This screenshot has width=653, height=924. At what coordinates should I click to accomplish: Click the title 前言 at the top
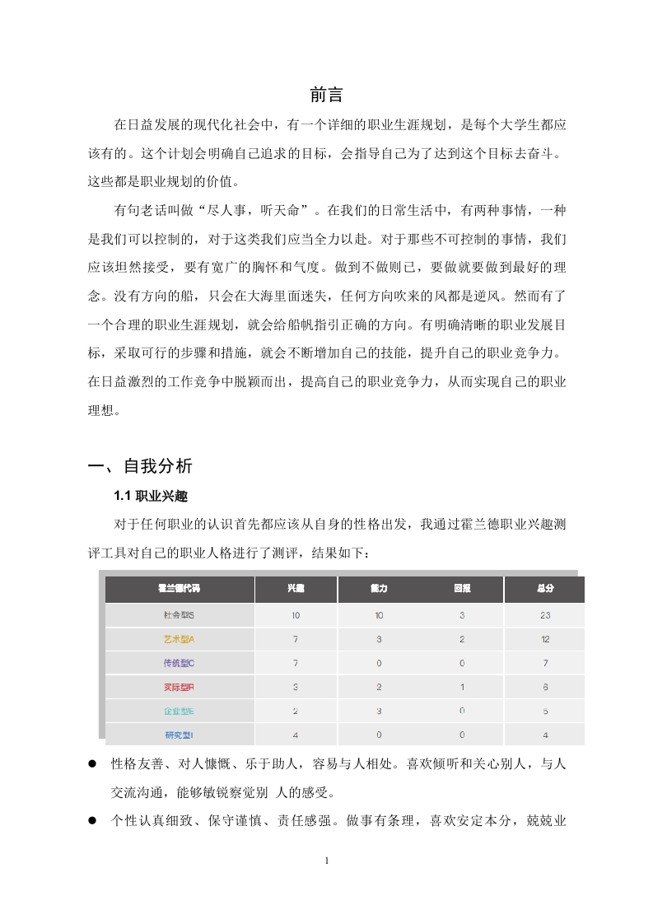[326, 95]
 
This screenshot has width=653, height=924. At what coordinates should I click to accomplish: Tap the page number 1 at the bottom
[327, 861]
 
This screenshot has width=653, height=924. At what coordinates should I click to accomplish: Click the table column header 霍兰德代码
[179, 590]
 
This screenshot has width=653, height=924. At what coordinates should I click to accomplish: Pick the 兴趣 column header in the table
[296, 590]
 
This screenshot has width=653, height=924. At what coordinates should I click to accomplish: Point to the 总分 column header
[544, 590]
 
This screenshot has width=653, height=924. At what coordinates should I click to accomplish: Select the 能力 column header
[379, 590]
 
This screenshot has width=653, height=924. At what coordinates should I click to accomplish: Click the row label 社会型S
[179, 615]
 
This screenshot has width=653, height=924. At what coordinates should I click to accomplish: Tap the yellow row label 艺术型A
[179, 639]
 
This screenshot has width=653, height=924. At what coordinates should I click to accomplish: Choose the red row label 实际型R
[179, 687]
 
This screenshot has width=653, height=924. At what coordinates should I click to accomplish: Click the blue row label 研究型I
[179, 735]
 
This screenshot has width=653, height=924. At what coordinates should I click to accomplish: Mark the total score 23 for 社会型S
[544, 615]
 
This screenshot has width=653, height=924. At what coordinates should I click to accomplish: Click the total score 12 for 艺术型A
[544, 639]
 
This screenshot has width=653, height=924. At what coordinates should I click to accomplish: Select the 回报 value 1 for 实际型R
[462, 687]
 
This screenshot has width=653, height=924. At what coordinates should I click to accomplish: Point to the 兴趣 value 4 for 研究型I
[296, 735]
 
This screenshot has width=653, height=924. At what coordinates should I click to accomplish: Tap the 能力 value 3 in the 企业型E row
[379, 711]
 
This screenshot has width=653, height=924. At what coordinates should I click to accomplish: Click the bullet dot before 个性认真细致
[94, 821]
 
